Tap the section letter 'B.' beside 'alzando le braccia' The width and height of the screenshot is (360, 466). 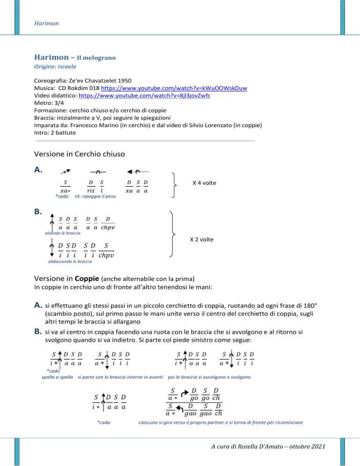click(40, 212)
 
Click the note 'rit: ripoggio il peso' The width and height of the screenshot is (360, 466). click(96, 196)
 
